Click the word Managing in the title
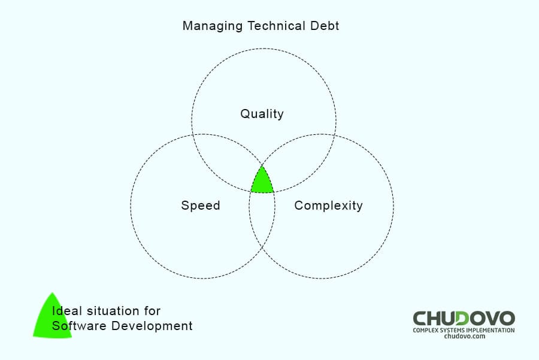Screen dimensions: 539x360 [x=213, y=26]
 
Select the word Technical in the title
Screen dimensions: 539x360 [x=276, y=26]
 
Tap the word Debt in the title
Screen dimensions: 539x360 [x=325, y=26]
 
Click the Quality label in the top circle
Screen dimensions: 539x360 [x=262, y=114]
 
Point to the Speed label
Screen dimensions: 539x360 [x=201, y=205]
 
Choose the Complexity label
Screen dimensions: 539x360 [x=328, y=205]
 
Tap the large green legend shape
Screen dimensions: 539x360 [x=52, y=318]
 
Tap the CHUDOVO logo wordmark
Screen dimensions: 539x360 [x=464, y=319]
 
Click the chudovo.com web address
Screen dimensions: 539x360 [x=464, y=336]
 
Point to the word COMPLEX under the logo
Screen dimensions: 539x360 [x=425, y=330]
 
